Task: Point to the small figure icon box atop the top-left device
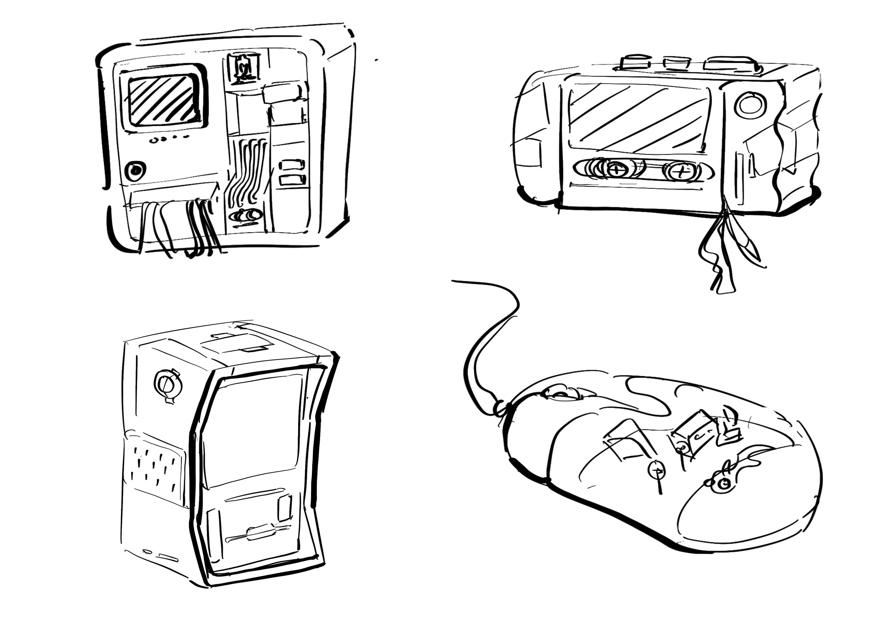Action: click(x=243, y=69)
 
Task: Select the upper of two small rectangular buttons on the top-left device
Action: click(x=292, y=165)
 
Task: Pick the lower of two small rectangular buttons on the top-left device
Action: click(x=292, y=180)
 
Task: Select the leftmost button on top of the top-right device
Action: click(x=635, y=62)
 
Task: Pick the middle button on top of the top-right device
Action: click(x=677, y=63)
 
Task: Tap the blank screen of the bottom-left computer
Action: click(x=253, y=428)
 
